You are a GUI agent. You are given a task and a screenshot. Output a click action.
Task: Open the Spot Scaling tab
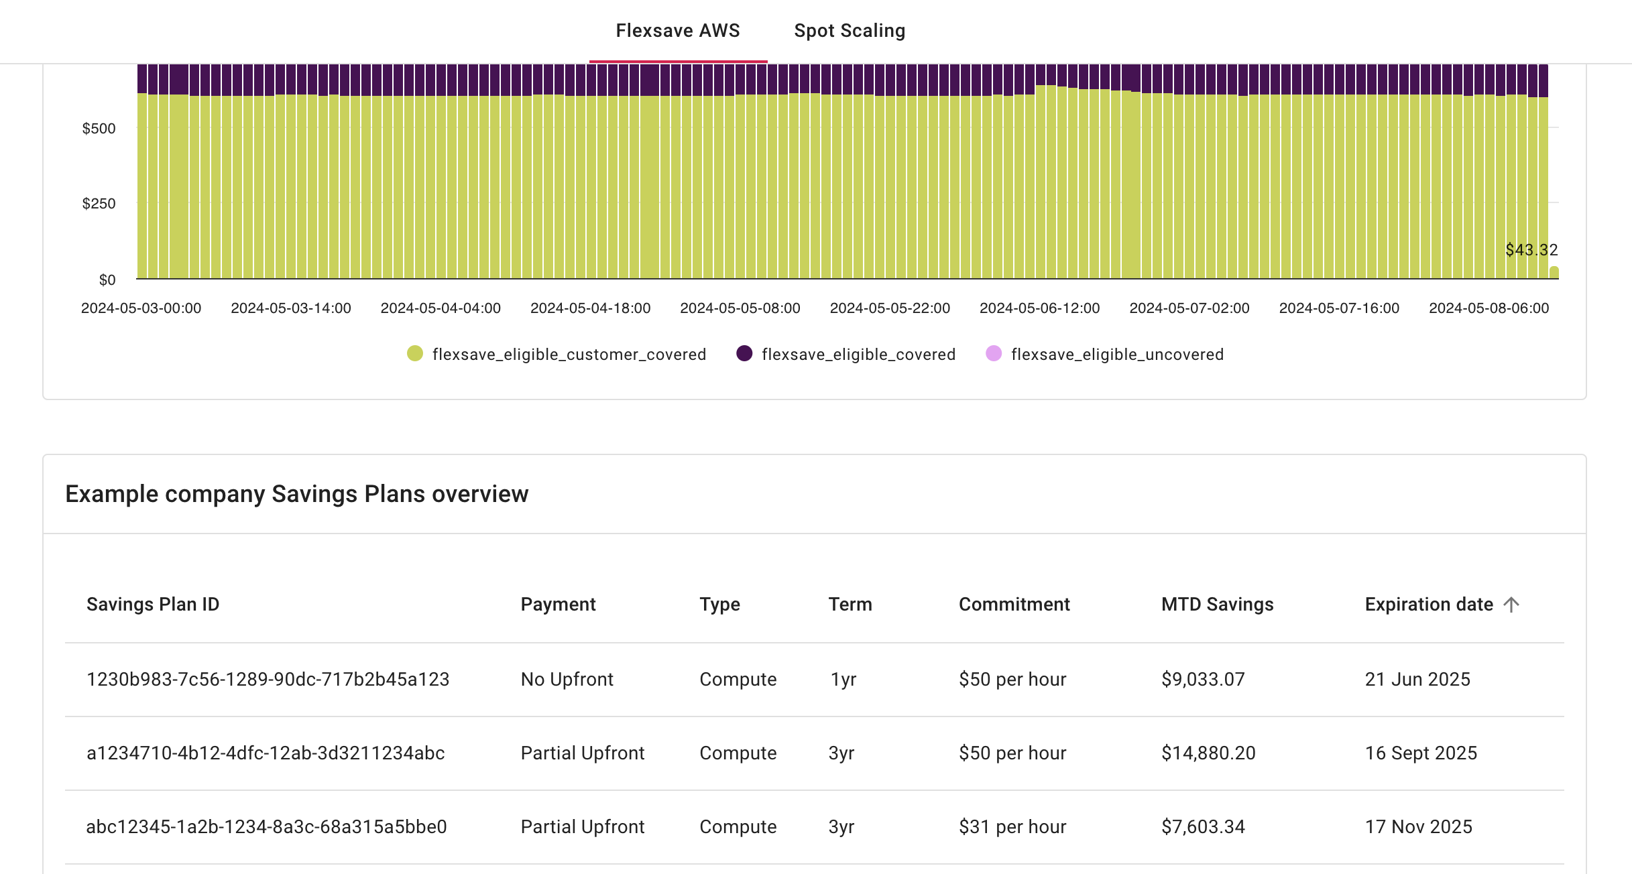coord(849,31)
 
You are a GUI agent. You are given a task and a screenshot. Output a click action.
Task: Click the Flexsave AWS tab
coord(677,31)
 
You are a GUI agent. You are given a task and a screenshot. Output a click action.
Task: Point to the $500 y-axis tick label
coord(99,128)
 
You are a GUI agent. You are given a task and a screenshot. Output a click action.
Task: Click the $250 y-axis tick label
coord(99,203)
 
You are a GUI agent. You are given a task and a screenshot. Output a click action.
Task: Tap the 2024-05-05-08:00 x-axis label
coord(740,308)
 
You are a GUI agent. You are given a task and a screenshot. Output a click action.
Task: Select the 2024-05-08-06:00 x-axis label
coord(1489,308)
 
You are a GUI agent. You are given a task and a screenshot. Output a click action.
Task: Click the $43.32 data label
coord(1531,250)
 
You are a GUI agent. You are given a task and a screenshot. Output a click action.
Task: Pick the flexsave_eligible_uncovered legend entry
coord(1116,354)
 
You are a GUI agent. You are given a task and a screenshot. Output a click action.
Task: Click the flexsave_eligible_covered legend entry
coord(858,354)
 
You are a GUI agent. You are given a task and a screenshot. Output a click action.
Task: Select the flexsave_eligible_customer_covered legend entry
coord(568,354)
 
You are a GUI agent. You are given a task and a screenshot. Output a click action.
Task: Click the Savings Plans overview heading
coord(296,494)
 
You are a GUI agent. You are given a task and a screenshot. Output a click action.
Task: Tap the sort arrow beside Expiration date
coord(1511,605)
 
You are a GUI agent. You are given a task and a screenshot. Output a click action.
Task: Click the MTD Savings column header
coord(1217,605)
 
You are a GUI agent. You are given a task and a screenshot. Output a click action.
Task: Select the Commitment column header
coord(1014,605)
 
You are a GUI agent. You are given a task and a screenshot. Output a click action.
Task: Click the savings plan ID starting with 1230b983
coord(268,679)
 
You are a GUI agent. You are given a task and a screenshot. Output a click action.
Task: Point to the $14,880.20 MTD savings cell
coord(1208,753)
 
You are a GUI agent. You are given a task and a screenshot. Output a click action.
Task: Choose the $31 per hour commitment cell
coord(1012,826)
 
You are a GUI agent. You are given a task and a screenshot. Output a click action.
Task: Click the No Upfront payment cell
coord(567,679)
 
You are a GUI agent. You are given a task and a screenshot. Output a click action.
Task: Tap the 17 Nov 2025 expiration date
coord(1418,826)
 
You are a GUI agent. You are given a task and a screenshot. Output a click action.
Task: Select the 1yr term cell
coord(843,679)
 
